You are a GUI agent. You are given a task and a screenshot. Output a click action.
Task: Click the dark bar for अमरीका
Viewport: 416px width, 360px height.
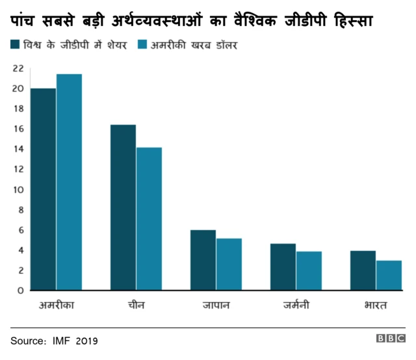(43, 189)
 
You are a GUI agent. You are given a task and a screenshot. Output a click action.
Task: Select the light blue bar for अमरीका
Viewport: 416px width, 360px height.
(69, 182)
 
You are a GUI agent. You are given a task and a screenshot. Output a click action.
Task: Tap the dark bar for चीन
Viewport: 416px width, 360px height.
(123, 207)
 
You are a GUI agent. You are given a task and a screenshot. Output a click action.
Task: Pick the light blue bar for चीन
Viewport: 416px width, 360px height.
(149, 218)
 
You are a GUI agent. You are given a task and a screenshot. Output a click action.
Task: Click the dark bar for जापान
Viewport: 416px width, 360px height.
(203, 260)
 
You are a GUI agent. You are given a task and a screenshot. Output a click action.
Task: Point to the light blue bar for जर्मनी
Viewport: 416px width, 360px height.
(309, 270)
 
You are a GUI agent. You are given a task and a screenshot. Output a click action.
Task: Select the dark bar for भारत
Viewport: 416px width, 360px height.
(363, 270)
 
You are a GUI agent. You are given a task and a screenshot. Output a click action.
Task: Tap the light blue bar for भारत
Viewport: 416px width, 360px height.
(389, 275)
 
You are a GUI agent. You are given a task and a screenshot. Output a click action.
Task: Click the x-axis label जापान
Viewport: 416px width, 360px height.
(216, 305)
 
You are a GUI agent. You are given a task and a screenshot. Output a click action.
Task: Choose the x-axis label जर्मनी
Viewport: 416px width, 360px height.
(296, 305)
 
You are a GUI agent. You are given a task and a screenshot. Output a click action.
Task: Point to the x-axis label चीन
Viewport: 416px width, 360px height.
(136, 305)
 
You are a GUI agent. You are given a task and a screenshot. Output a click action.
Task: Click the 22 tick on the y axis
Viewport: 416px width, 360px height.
(18, 68)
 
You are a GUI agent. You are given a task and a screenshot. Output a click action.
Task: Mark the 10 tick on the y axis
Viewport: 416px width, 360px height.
(18, 190)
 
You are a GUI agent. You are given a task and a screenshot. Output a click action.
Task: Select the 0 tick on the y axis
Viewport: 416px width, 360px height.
(20, 290)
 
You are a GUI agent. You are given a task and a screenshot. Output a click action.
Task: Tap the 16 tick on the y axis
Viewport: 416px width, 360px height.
(18, 129)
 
